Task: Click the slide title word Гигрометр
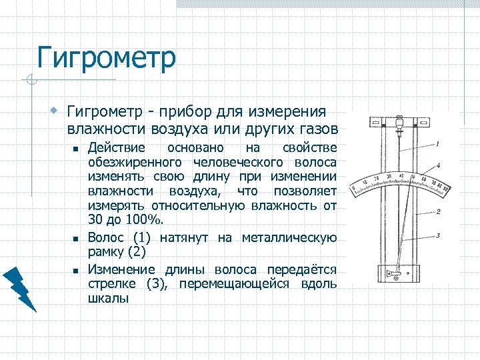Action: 107,58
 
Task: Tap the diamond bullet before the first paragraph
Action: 58,109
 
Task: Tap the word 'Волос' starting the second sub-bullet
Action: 106,237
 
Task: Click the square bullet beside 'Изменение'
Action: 77,270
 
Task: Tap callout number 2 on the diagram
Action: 437,212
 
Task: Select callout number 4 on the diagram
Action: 437,165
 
